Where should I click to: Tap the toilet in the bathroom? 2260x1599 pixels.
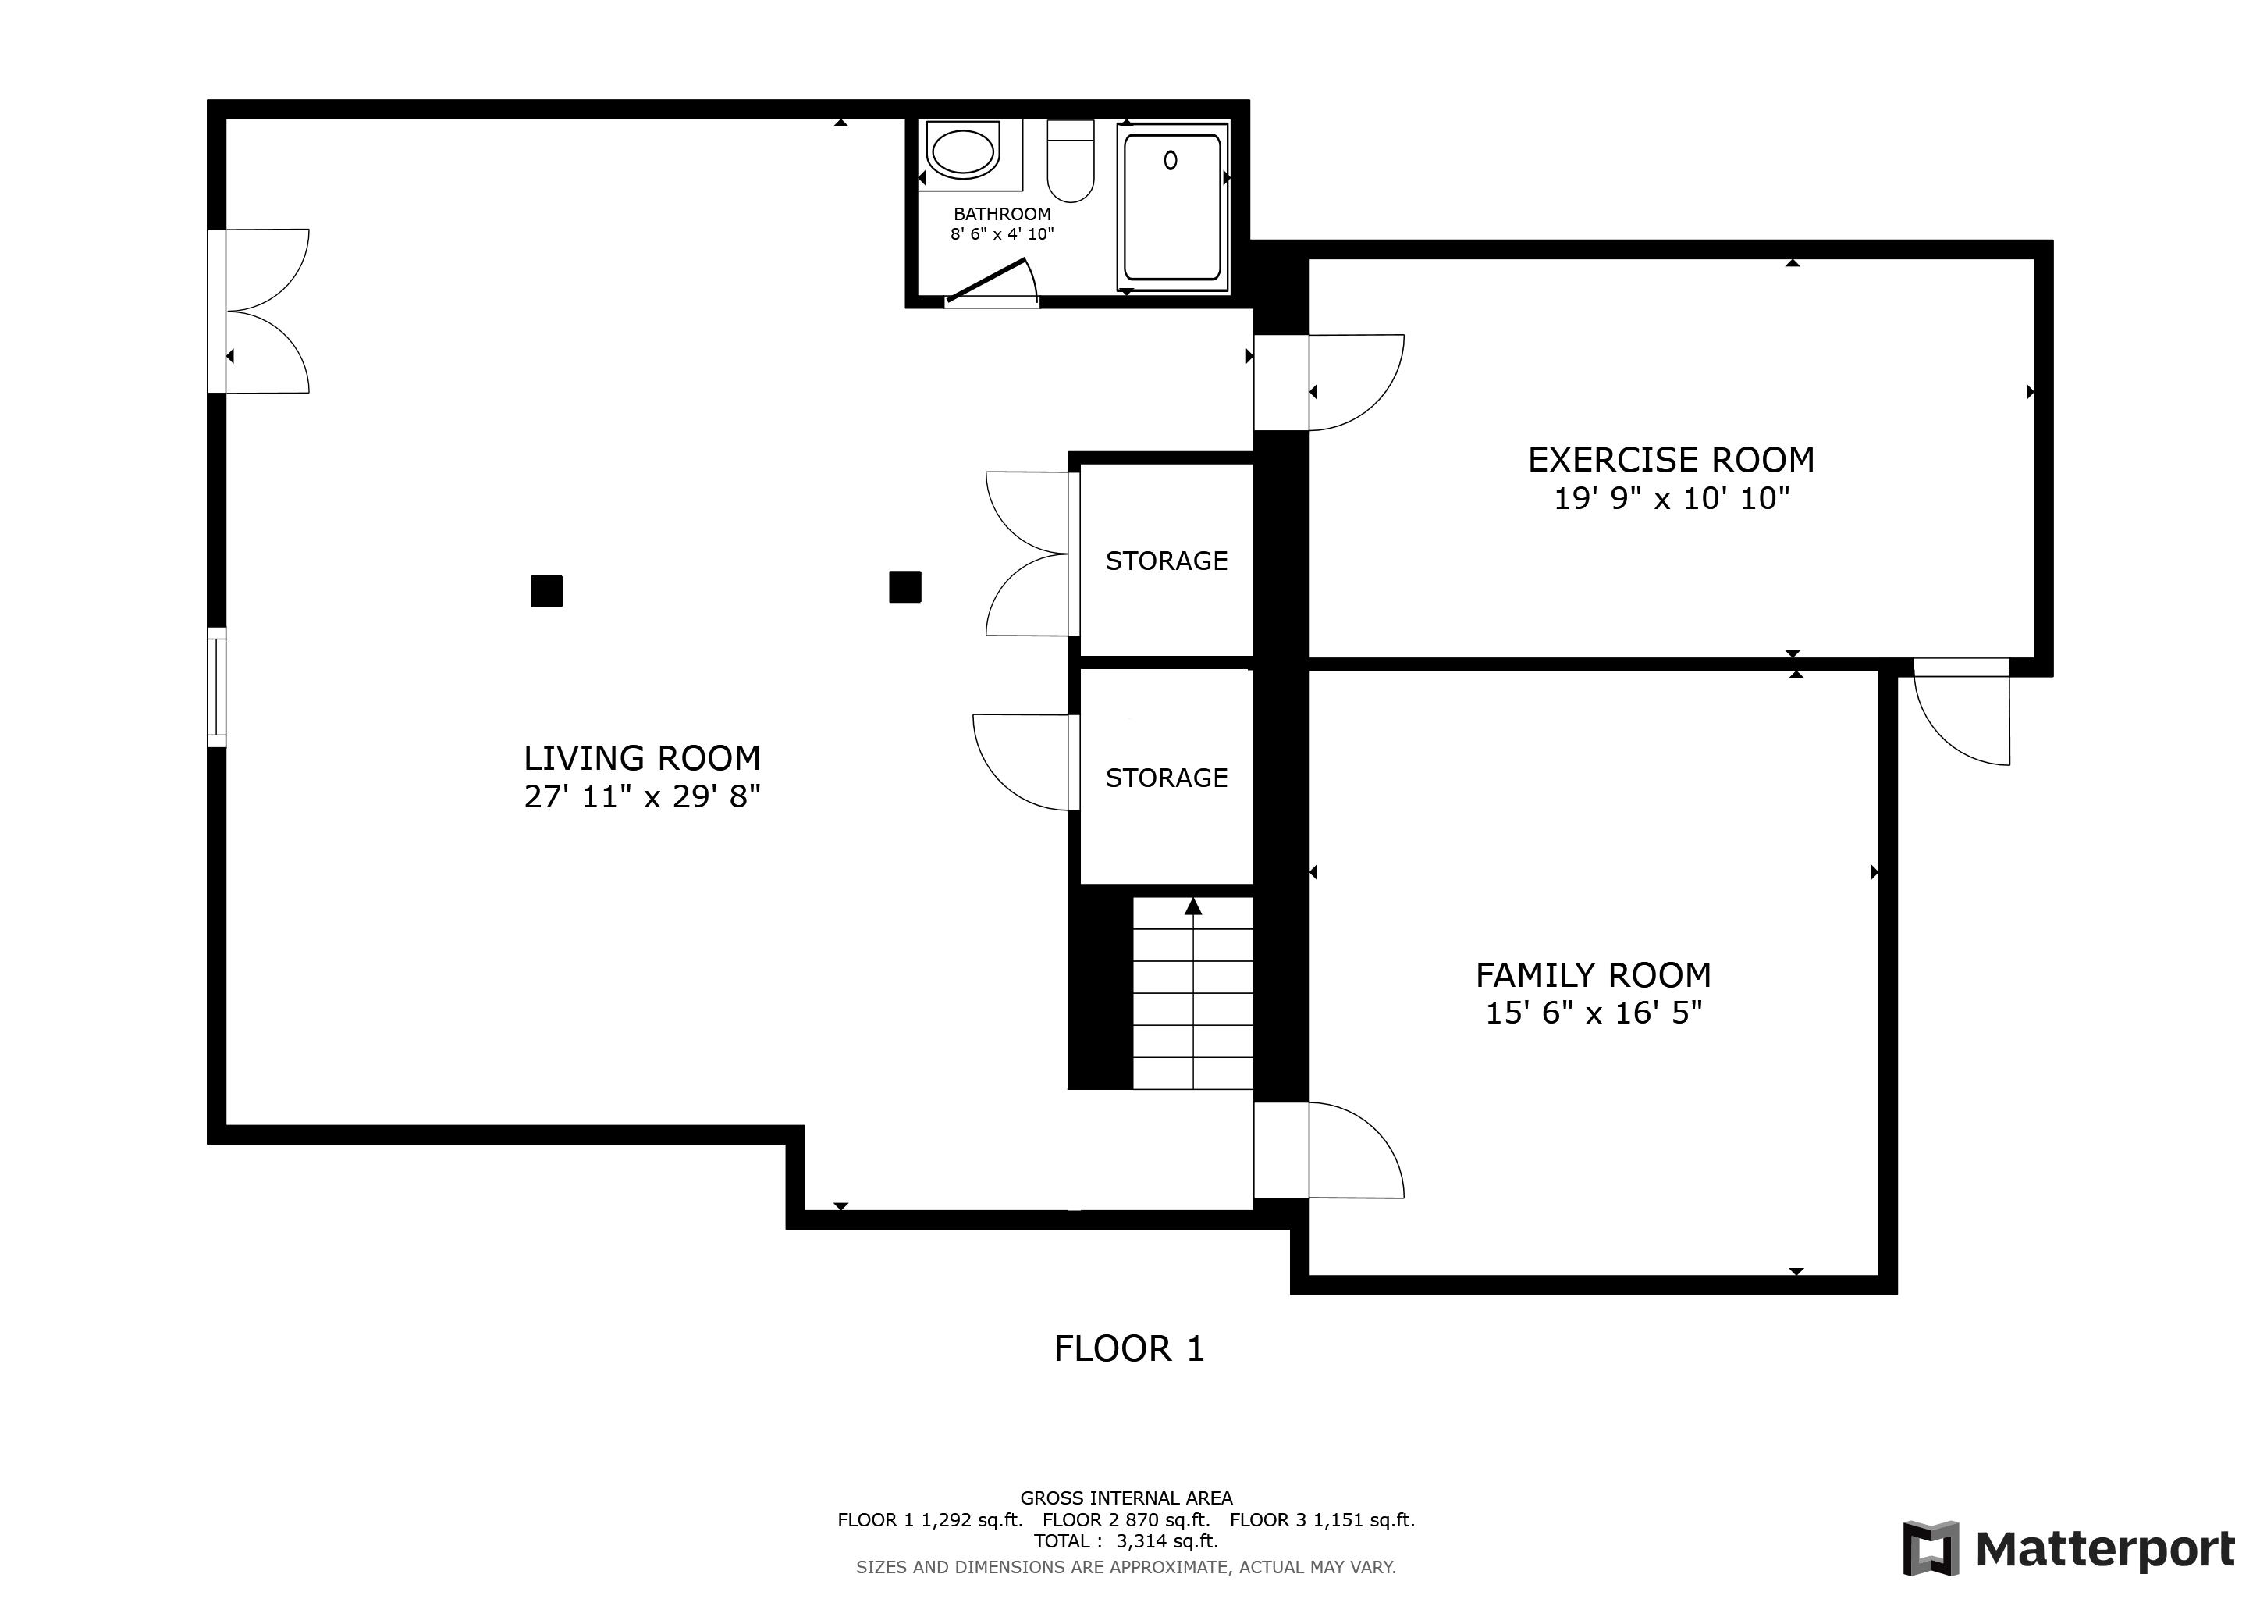(x=1070, y=162)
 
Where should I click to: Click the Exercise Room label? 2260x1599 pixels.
(x=1670, y=460)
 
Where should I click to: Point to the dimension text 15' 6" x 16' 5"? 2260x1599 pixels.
(x=1593, y=1013)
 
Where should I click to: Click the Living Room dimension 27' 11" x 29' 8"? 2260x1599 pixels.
(x=641, y=796)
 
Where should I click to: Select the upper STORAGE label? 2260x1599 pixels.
(x=1167, y=561)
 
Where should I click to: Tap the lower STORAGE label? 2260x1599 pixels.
(x=1167, y=778)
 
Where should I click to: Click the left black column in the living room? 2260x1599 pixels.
(x=546, y=591)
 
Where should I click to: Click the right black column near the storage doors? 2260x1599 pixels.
(x=904, y=587)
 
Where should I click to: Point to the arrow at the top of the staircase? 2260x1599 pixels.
(x=1193, y=906)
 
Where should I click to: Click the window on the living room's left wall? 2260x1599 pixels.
(x=216, y=687)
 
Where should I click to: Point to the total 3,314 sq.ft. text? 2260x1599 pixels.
(x=1126, y=1541)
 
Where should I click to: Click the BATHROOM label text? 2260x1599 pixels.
(x=1001, y=214)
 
